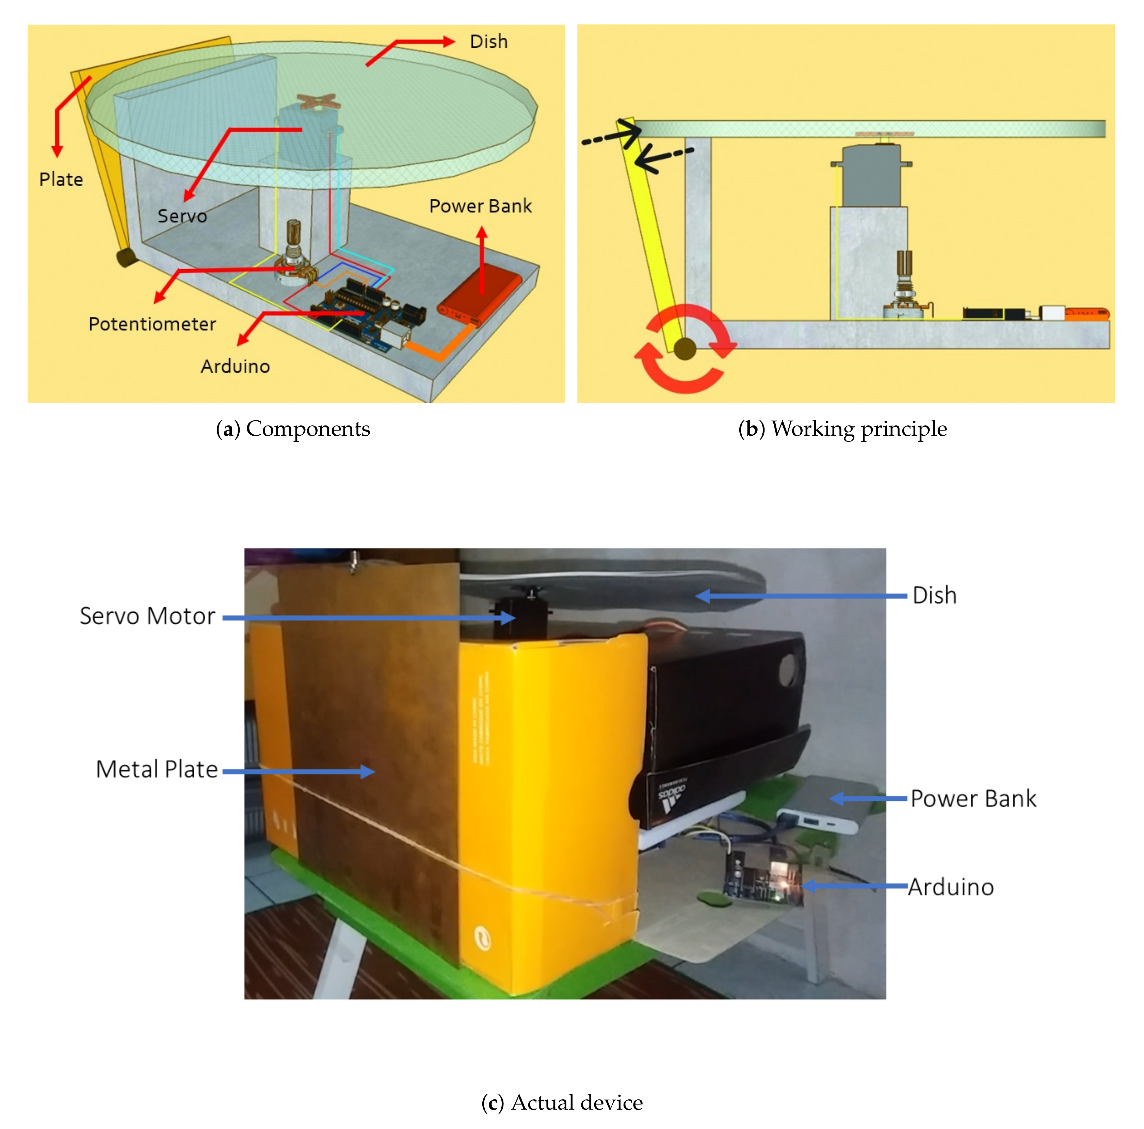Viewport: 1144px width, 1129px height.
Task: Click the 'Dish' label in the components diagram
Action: (488, 42)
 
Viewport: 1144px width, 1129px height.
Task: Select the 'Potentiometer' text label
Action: (152, 324)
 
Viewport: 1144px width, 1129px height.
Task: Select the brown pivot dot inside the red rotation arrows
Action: (685, 349)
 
